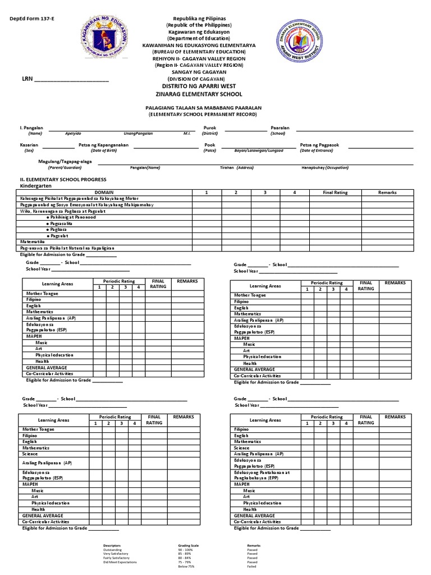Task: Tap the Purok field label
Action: coord(210,128)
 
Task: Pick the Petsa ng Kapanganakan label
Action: coord(104,145)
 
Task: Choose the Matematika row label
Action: coord(32,241)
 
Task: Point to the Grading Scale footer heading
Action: coord(187,545)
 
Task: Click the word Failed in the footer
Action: coord(252,567)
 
